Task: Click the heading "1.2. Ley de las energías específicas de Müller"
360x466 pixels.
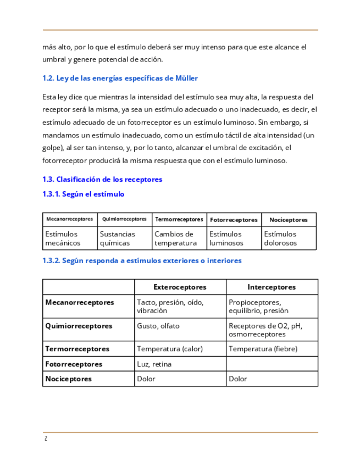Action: [x=120, y=78]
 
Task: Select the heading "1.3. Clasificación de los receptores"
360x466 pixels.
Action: [x=102, y=179]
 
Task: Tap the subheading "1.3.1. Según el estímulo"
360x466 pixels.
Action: [x=83, y=194]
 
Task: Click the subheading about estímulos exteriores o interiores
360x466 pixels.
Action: [x=142, y=260]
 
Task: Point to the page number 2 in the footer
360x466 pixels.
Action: [x=46, y=439]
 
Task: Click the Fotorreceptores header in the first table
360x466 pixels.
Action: [x=234, y=220]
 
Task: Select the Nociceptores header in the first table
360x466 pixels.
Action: [x=289, y=220]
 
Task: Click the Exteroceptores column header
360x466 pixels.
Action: [x=180, y=287]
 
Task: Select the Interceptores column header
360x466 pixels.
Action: [x=272, y=287]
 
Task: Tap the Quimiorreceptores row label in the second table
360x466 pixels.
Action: [x=79, y=326]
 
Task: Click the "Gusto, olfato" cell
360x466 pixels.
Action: [x=158, y=326]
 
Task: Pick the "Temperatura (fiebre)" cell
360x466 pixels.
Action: [x=263, y=348]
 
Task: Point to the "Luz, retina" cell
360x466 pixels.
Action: [x=154, y=364]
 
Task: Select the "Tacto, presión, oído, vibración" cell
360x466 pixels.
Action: [x=170, y=306]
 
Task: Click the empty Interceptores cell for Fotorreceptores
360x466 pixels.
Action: [x=272, y=364]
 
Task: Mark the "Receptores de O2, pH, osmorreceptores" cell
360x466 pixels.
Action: [x=265, y=330]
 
